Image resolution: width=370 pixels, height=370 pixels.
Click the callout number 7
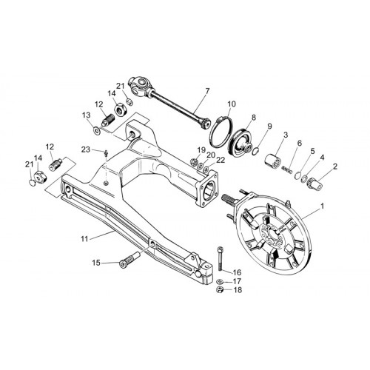click(x=207, y=92)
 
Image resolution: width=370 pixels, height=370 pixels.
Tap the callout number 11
click(x=84, y=239)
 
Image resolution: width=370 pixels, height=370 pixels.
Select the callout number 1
click(x=322, y=206)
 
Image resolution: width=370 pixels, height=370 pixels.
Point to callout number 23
click(x=86, y=149)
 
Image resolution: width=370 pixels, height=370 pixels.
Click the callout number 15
click(x=96, y=263)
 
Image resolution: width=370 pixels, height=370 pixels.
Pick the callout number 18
click(x=238, y=290)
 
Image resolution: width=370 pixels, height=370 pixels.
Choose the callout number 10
click(x=232, y=104)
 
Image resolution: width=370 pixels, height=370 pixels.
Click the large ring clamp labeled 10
click(x=221, y=132)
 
